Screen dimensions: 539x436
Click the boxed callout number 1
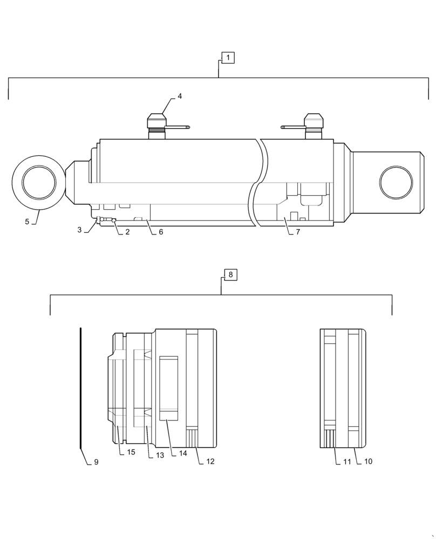click(x=228, y=57)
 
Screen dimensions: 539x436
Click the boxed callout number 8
click(x=230, y=275)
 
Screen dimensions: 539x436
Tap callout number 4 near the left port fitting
click(x=180, y=96)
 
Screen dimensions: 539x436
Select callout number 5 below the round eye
click(x=26, y=221)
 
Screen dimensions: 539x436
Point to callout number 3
click(x=79, y=230)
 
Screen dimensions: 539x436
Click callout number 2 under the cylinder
click(x=127, y=232)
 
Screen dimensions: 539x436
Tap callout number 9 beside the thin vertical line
click(x=96, y=462)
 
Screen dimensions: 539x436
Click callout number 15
click(x=131, y=452)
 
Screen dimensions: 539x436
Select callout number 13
click(x=160, y=455)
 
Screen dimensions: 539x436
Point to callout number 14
click(x=183, y=453)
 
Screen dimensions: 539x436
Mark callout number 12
click(x=210, y=461)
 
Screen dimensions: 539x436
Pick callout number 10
click(x=368, y=461)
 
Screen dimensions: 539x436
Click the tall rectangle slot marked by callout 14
click(x=168, y=386)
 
